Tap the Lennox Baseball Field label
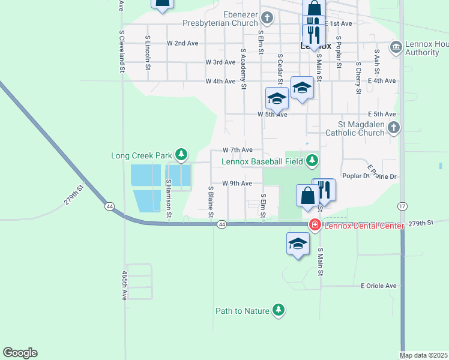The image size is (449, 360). point(262,161)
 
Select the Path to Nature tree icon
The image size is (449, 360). point(278,310)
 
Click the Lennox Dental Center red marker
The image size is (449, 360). point(314,225)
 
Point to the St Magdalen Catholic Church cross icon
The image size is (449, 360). point(393,127)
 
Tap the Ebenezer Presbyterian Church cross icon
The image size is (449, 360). point(267,18)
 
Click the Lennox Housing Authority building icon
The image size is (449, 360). point(396,47)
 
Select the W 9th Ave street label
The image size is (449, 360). point(237,184)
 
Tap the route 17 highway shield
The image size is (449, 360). point(401,206)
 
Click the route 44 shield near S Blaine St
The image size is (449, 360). point(222,224)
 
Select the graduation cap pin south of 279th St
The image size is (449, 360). point(298,244)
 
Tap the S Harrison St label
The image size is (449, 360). point(169,198)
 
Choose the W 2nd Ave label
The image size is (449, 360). point(182,43)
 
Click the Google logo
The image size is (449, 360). point(20,353)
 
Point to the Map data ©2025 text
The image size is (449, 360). point(424,355)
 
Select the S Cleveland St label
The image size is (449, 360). point(121,52)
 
